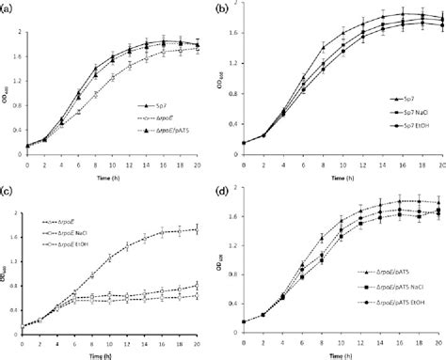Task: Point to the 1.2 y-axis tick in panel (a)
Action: point(18,73)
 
